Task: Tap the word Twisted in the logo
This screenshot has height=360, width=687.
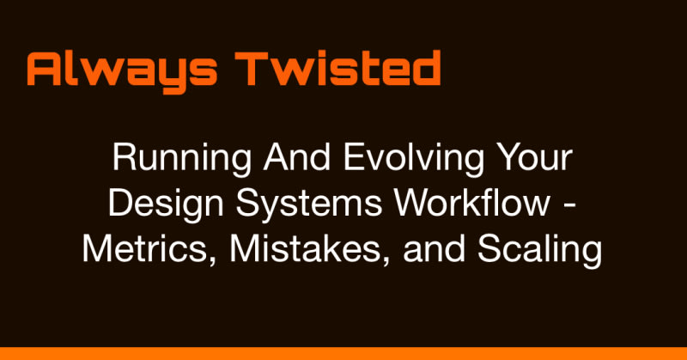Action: click(x=337, y=68)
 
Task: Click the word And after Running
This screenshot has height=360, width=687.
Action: click(x=296, y=157)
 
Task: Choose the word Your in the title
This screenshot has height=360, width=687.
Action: click(x=536, y=157)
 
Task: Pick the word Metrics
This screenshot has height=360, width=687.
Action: click(x=149, y=249)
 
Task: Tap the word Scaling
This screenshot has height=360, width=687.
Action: click(x=540, y=251)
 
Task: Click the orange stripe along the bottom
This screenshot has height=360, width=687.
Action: click(x=343, y=353)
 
